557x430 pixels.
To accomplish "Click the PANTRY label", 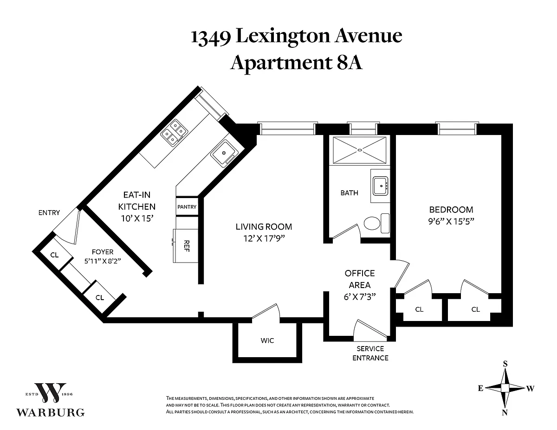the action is (187, 207).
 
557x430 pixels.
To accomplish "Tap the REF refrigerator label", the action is (187, 246).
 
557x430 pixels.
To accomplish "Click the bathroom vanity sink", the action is (381, 186).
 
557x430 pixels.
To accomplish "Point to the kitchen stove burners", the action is (174, 132).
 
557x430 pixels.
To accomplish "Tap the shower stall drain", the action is (360, 150).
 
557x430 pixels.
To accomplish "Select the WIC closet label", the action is (267, 340).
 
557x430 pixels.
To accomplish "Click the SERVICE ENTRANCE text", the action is (370, 353).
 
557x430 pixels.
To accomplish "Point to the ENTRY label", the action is (49, 212).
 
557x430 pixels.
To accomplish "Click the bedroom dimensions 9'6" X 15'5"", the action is (451, 221).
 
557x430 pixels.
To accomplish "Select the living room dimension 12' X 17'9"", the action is (264, 238).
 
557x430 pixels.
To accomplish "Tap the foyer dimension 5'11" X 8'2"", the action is (103, 261).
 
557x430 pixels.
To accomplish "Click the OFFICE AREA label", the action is (360, 279).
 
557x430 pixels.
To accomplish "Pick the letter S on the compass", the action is (505, 364).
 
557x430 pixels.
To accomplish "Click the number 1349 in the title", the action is (211, 38).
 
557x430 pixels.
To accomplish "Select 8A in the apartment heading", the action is (350, 63).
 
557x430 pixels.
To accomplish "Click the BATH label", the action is (350, 193).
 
